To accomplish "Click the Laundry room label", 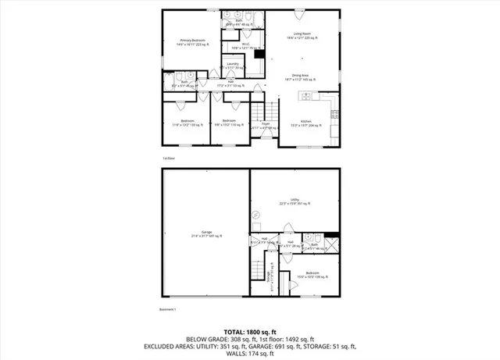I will point(233,65).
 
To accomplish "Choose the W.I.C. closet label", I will point(245,46).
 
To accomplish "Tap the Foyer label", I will point(266,124).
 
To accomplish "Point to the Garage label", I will point(206,233).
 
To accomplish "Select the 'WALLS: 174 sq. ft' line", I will point(250,354).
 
